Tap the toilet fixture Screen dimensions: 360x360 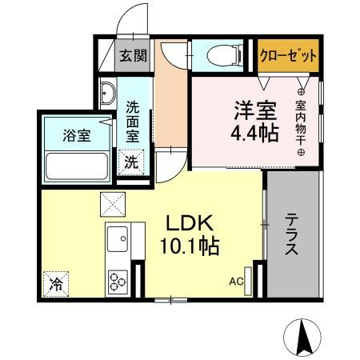click(225, 54)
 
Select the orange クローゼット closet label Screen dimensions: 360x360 click(287, 55)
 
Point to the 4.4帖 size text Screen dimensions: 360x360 click(256, 132)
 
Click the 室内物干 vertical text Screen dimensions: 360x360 click(302, 120)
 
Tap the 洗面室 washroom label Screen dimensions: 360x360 click(133, 120)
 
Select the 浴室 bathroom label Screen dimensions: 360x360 click(77, 134)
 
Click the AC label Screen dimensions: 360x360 click(236, 281)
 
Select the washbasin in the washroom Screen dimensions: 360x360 click(107, 94)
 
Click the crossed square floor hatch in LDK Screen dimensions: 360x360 click(110, 205)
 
